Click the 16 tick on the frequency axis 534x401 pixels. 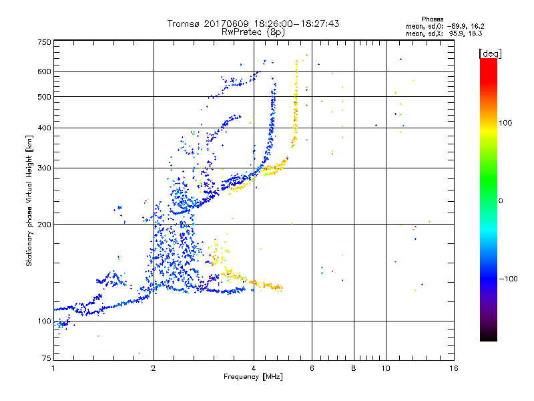[x=453, y=368]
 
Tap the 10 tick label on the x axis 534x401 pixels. [x=385, y=368]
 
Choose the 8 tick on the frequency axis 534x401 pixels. [x=354, y=368]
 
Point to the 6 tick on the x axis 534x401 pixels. [x=312, y=368]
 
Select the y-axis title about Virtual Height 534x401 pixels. [x=29, y=200]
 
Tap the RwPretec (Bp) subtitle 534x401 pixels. [x=253, y=31]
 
